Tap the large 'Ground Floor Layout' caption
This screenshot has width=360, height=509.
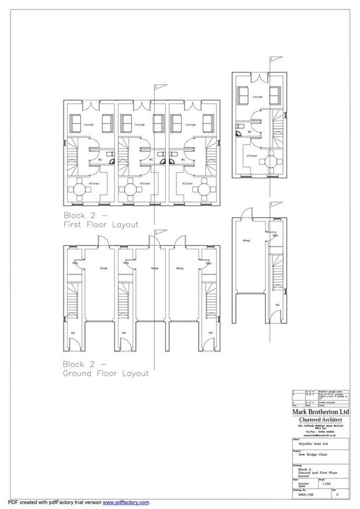pyautogui.click(x=105, y=368)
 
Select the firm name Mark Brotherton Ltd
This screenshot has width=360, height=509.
pyautogui.click(x=318, y=411)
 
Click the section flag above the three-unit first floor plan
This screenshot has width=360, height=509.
pyautogui.click(x=156, y=87)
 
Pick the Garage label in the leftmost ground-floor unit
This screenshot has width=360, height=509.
pyautogui.click(x=103, y=268)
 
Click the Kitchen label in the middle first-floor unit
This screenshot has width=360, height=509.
pyautogui.click(x=145, y=184)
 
